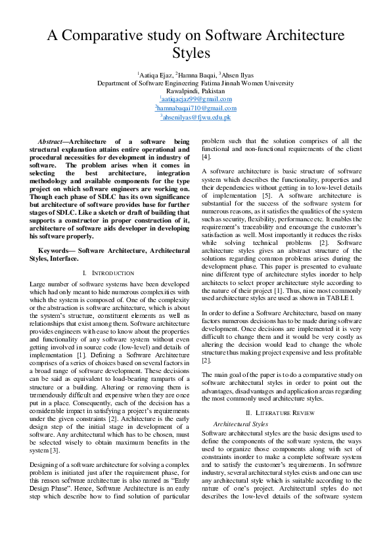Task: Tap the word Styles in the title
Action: pyautogui.click(x=195, y=53)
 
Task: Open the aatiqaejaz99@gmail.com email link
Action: pyautogui.click(x=195, y=99)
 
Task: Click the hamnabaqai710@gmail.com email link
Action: pyautogui.click(x=195, y=108)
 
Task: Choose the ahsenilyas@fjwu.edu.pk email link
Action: pyautogui.click(x=195, y=117)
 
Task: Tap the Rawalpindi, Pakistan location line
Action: pyautogui.click(x=195, y=91)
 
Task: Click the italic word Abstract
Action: pyautogui.click(x=50, y=141)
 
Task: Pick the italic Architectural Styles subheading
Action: pyautogui.click(x=241, y=424)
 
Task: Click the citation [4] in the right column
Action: pyautogui.click(x=206, y=157)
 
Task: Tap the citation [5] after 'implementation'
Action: pyautogui.click(x=267, y=196)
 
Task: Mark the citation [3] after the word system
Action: pyautogui.click(x=55, y=449)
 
